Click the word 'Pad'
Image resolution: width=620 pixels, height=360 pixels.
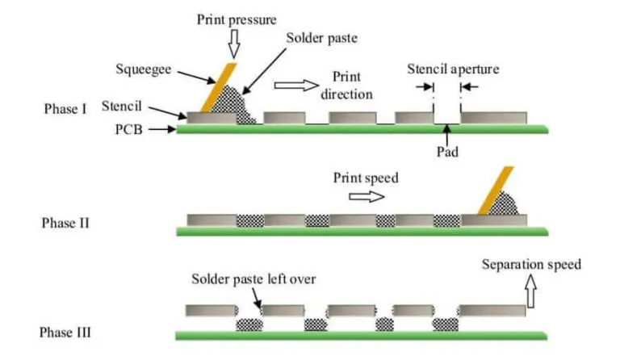click(447, 150)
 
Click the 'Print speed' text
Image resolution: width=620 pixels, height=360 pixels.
click(365, 177)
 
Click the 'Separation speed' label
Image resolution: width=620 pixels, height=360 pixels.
click(530, 264)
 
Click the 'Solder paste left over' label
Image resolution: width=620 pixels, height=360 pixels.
click(253, 279)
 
